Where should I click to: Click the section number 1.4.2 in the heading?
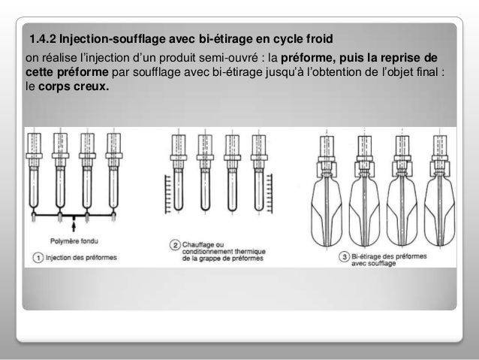43,39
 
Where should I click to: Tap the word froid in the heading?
320,39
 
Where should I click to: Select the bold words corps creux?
74,86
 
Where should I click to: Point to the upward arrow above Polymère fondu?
74,226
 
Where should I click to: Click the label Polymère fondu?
74,241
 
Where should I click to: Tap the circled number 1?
38,258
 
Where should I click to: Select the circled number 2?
175,245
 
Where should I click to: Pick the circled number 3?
345,256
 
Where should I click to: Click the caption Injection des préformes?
81,258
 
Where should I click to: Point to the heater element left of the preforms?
167,194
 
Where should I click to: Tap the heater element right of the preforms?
269,193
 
